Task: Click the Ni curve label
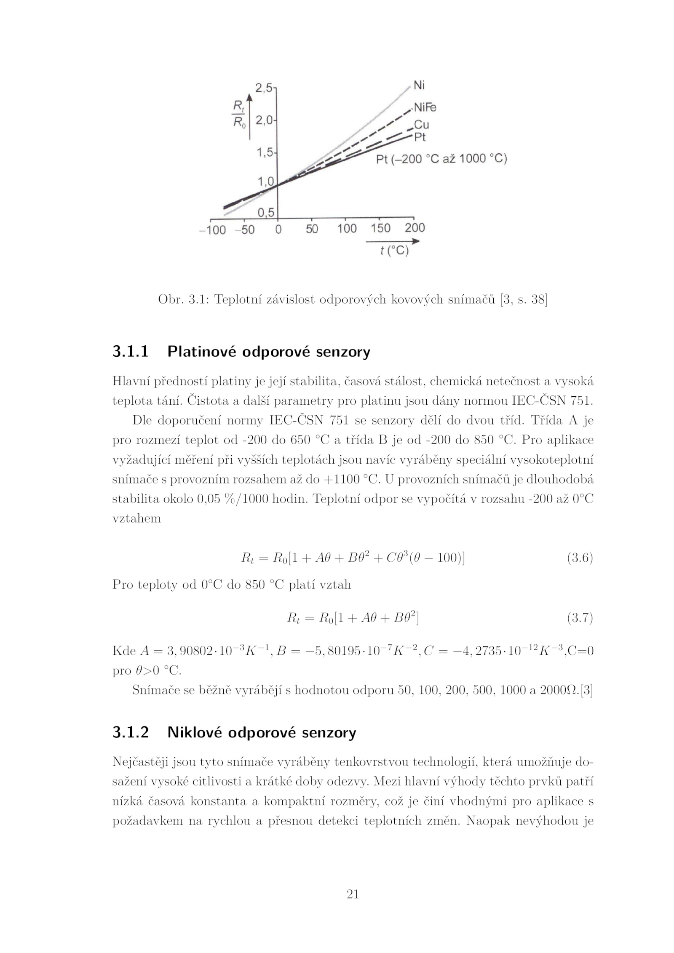(419, 85)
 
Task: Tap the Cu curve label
(421, 125)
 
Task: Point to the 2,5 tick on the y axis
(264, 88)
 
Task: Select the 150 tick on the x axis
(380, 228)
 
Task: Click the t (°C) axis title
(394, 251)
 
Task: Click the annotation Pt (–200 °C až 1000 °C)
(441, 159)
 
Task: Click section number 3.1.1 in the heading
(131, 351)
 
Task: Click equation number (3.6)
(580, 558)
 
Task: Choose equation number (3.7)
(580, 618)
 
